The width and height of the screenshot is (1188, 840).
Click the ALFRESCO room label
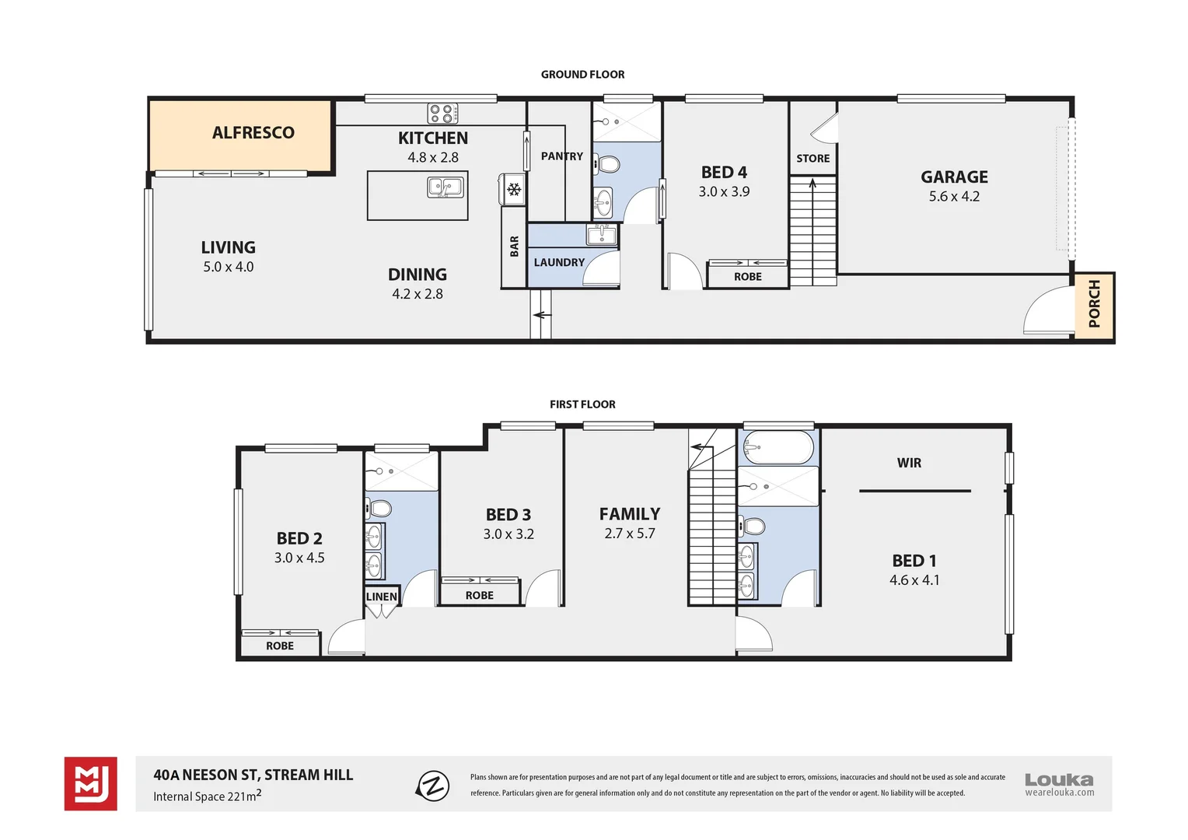tap(253, 133)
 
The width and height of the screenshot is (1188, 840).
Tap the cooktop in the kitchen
tap(442, 114)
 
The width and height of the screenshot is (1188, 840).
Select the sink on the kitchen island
tap(445, 187)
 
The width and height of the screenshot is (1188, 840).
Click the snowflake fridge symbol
tap(513, 190)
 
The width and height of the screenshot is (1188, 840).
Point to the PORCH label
tap(1095, 304)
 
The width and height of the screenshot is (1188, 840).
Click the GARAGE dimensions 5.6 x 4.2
tap(954, 197)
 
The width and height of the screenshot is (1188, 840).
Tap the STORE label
tap(812, 159)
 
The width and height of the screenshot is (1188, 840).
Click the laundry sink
tap(602, 234)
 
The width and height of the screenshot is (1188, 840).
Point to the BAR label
tap(514, 247)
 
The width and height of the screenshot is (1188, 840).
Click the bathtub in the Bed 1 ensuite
tap(778, 448)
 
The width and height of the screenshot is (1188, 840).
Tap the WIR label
tap(909, 464)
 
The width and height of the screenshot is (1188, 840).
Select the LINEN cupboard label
tap(381, 597)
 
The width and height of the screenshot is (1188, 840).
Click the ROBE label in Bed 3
tap(479, 596)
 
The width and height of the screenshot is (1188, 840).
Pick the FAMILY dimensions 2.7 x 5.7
tap(629, 534)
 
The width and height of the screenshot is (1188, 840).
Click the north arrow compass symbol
tap(433, 786)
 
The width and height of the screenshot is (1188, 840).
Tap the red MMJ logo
tap(91, 784)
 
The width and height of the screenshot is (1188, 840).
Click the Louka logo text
tap(1058, 779)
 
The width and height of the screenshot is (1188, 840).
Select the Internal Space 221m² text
tap(207, 796)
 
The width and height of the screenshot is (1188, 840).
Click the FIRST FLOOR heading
tap(582, 404)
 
